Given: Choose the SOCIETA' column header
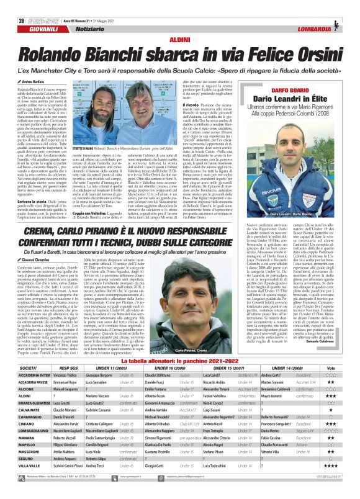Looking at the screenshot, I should pyautogui.click(x=21, y=351).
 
